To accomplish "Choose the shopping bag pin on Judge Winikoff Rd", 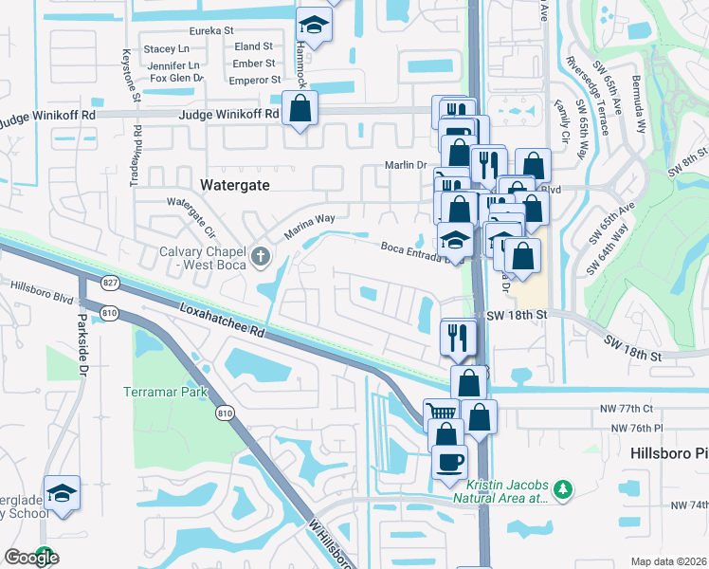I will click(x=300, y=108).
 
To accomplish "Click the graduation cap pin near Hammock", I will click(x=314, y=25).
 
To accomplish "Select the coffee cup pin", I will click(x=449, y=462).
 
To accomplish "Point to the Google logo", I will click(x=31, y=558).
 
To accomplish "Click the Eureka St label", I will click(x=211, y=30).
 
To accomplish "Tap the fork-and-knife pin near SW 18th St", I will click(x=459, y=336).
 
